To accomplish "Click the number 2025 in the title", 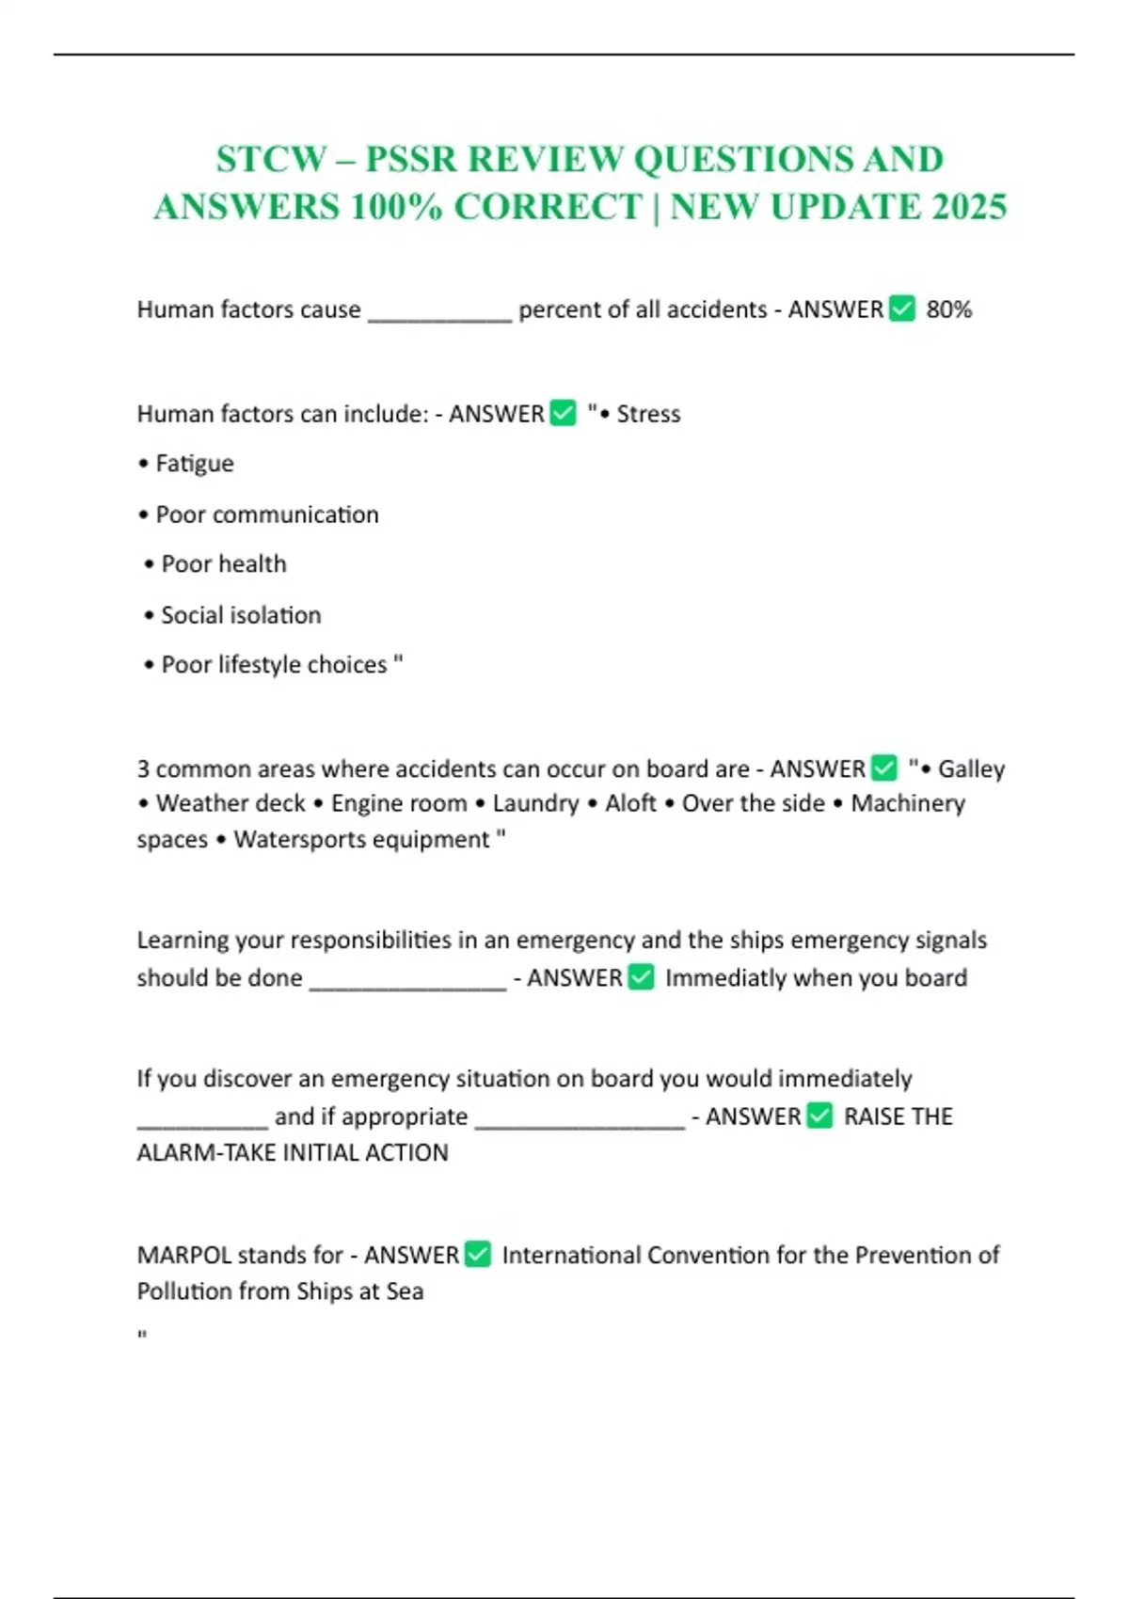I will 969,207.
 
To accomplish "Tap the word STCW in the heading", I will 271,159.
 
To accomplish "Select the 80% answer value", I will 948,309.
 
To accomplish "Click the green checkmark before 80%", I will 902,309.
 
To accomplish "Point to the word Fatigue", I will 195,464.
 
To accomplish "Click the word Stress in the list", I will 648,414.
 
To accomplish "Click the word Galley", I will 971,769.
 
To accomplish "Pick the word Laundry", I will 535,803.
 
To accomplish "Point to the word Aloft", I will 630,803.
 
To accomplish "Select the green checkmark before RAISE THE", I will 820,1116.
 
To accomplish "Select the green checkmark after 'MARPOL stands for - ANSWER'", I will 478,1255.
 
